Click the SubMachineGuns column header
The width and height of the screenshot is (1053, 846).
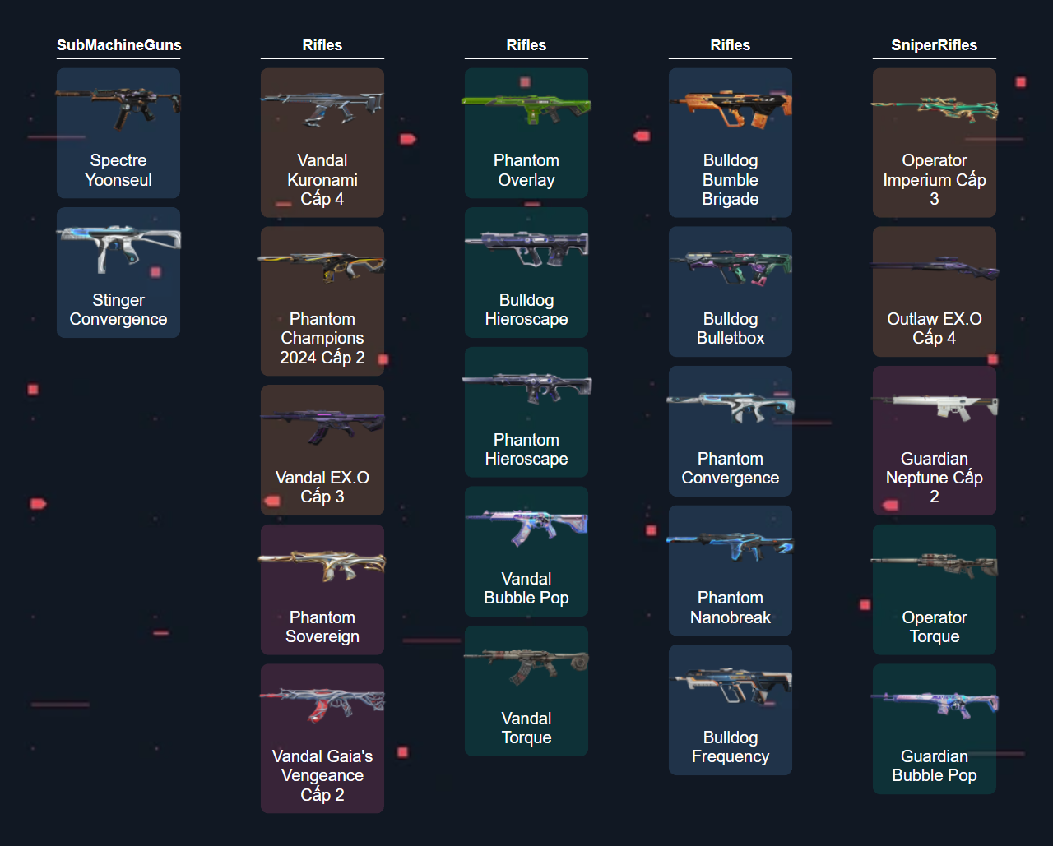click(x=118, y=45)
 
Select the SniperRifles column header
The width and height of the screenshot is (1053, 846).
click(x=934, y=45)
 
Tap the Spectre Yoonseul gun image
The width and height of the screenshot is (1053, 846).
click(x=118, y=104)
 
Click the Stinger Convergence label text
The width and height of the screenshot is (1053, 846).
click(x=118, y=310)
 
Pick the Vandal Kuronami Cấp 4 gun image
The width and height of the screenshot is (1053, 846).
click(x=322, y=107)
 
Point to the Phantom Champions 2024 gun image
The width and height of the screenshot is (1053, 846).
click(x=322, y=266)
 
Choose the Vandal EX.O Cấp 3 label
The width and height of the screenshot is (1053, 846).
click(x=322, y=487)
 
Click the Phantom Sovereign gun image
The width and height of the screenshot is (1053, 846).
click(x=322, y=564)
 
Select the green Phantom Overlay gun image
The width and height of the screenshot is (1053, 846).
click(x=526, y=107)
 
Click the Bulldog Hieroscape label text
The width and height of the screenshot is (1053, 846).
click(x=526, y=310)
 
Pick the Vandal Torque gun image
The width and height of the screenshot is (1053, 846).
click(x=526, y=663)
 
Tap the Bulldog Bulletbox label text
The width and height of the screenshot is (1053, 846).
click(x=731, y=329)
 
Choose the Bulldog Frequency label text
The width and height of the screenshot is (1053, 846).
click(x=731, y=747)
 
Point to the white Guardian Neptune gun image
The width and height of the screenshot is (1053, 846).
click(x=935, y=405)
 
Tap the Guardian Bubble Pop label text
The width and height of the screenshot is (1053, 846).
click(x=935, y=766)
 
